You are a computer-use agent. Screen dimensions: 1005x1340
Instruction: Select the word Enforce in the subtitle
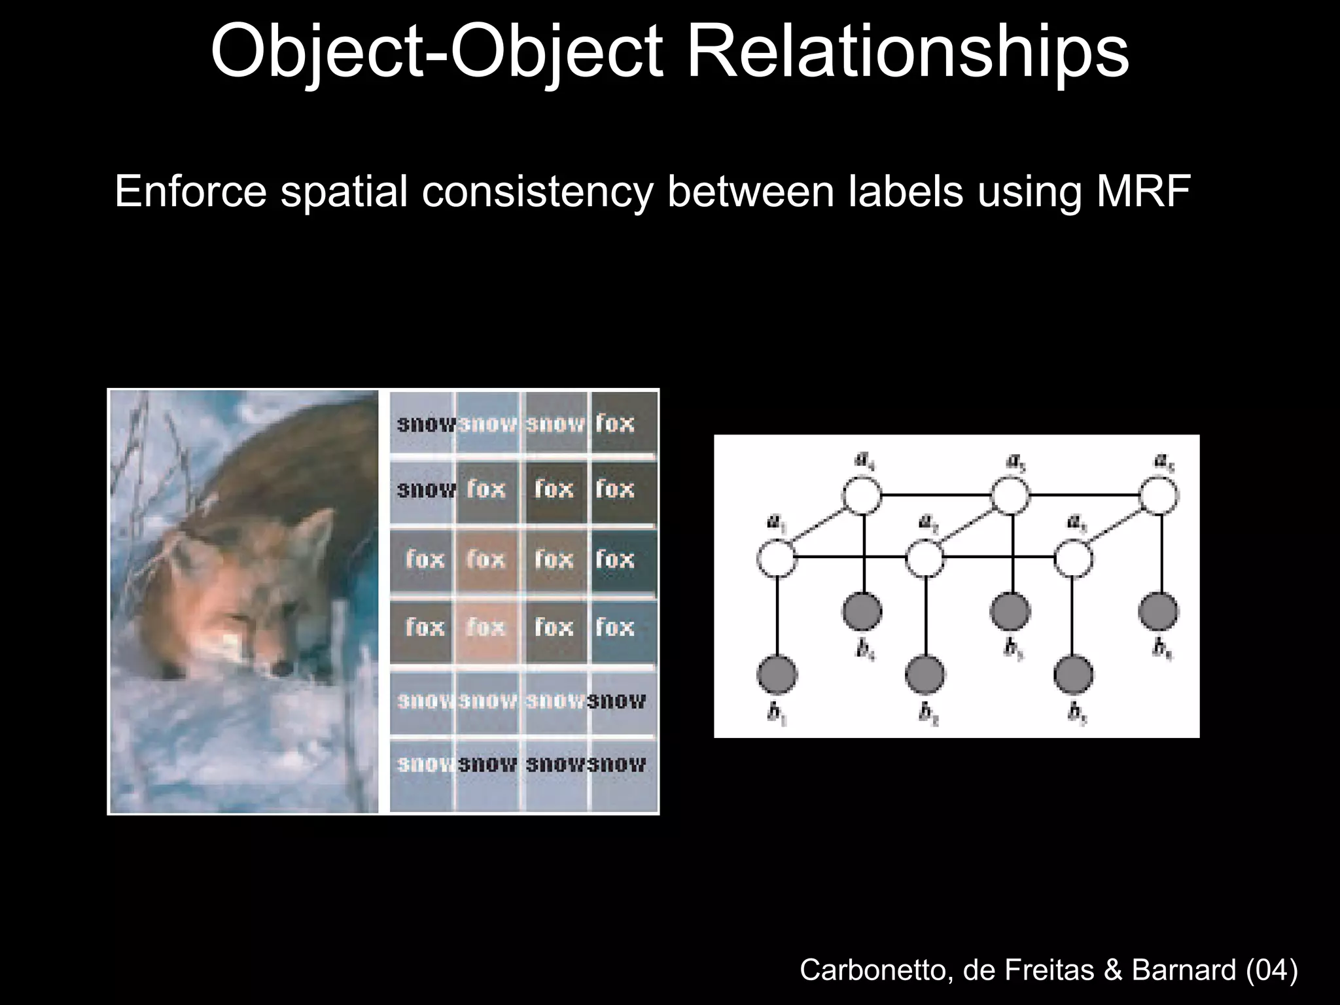tap(190, 191)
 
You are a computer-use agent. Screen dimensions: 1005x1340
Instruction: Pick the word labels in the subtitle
tap(906, 191)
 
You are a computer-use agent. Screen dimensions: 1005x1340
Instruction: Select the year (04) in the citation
tap(1272, 969)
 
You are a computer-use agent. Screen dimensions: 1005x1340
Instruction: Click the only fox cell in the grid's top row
tap(615, 423)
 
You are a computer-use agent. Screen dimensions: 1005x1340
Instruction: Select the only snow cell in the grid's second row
tap(425, 490)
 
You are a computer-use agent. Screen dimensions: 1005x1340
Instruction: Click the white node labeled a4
tap(862, 495)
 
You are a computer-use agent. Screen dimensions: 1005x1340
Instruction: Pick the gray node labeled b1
tap(777, 675)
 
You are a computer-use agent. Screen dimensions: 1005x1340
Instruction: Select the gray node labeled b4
tap(862, 611)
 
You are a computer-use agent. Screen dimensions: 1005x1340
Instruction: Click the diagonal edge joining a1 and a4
tap(818, 527)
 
